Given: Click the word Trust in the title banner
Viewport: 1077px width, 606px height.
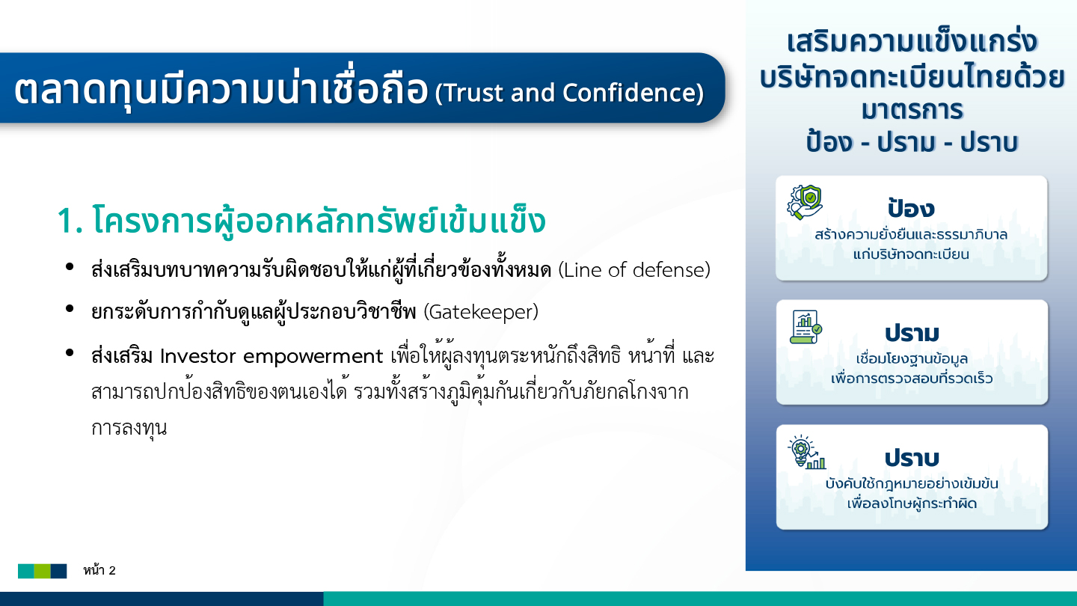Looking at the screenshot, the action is point(472,93).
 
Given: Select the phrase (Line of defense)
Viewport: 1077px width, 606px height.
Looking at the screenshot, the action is point(634,270).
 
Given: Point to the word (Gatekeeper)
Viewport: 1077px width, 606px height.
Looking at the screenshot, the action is point(481,312).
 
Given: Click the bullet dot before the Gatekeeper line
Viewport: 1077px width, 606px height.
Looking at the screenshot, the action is point(70,309).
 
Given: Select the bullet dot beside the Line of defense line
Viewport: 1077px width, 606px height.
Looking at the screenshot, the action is point(70,266).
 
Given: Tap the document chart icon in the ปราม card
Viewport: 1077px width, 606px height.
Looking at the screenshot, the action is point(806,327).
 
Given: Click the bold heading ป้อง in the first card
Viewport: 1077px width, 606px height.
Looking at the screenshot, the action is point(911,207).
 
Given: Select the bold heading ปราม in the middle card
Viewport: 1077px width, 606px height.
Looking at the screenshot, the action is point(912,333).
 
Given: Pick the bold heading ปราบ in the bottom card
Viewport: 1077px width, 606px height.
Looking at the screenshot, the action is point(912,458).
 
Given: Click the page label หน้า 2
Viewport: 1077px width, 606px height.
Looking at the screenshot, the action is point(99,570).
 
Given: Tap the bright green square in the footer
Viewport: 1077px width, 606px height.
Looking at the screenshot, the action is point(43,571).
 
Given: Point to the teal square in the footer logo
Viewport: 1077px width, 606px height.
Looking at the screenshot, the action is point(26,571).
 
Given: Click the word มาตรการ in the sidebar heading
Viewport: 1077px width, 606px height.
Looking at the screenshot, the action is point(912,110).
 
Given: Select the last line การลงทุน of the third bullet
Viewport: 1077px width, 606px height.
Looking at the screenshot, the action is point(129,427).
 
